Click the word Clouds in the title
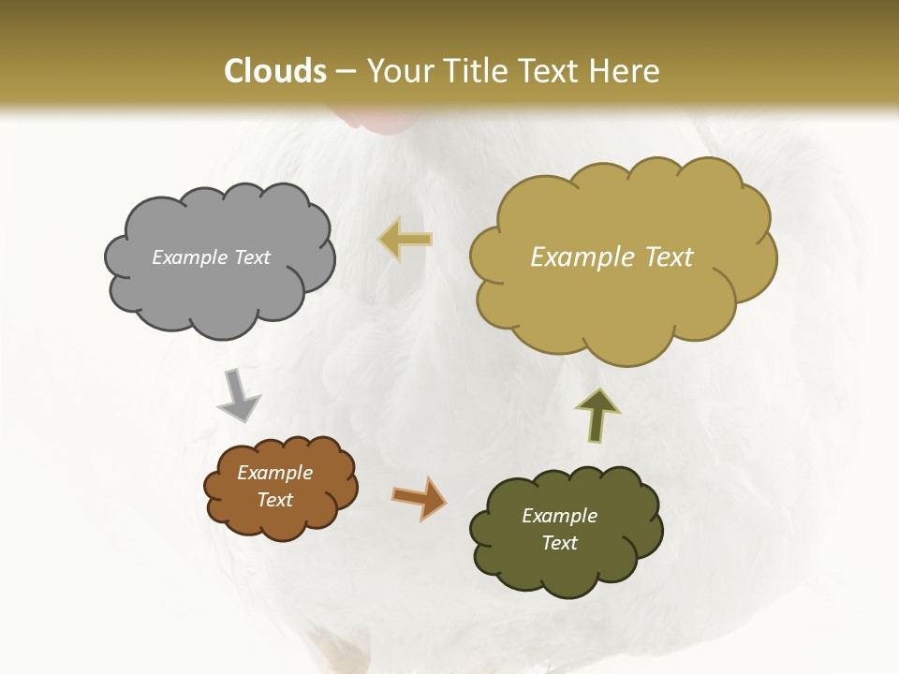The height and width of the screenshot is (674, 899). point(275,71)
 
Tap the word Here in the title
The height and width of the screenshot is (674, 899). point(626,71)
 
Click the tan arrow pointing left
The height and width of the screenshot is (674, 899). point(405,240)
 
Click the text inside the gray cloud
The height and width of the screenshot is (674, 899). point(211,257)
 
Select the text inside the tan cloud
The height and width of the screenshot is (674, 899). point(612,257)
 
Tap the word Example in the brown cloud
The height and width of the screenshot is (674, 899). point(274,473)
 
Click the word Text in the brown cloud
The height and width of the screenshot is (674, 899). point(274,500)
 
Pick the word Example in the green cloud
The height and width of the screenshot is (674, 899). point(559,516)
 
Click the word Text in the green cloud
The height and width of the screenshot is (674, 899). point(559,543)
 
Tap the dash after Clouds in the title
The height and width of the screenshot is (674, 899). point(346,72)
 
